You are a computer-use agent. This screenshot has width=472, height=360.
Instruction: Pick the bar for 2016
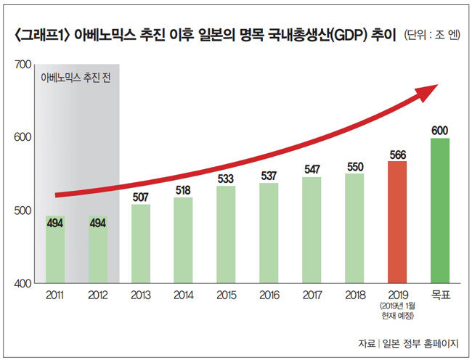pos(269,232)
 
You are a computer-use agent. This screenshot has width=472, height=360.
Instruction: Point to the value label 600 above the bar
pos(439,131)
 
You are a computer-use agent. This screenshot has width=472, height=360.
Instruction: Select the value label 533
pos(226,179)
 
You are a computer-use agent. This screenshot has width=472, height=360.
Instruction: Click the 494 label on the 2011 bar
pos(54,224)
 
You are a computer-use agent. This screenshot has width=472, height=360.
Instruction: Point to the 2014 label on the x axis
pos(183,296)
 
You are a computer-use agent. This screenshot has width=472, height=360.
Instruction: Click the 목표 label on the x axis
pos(439,296)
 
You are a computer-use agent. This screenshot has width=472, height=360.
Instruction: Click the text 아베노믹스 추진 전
pos(76,77)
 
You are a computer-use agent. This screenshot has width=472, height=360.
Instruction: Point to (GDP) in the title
pos(351,33)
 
